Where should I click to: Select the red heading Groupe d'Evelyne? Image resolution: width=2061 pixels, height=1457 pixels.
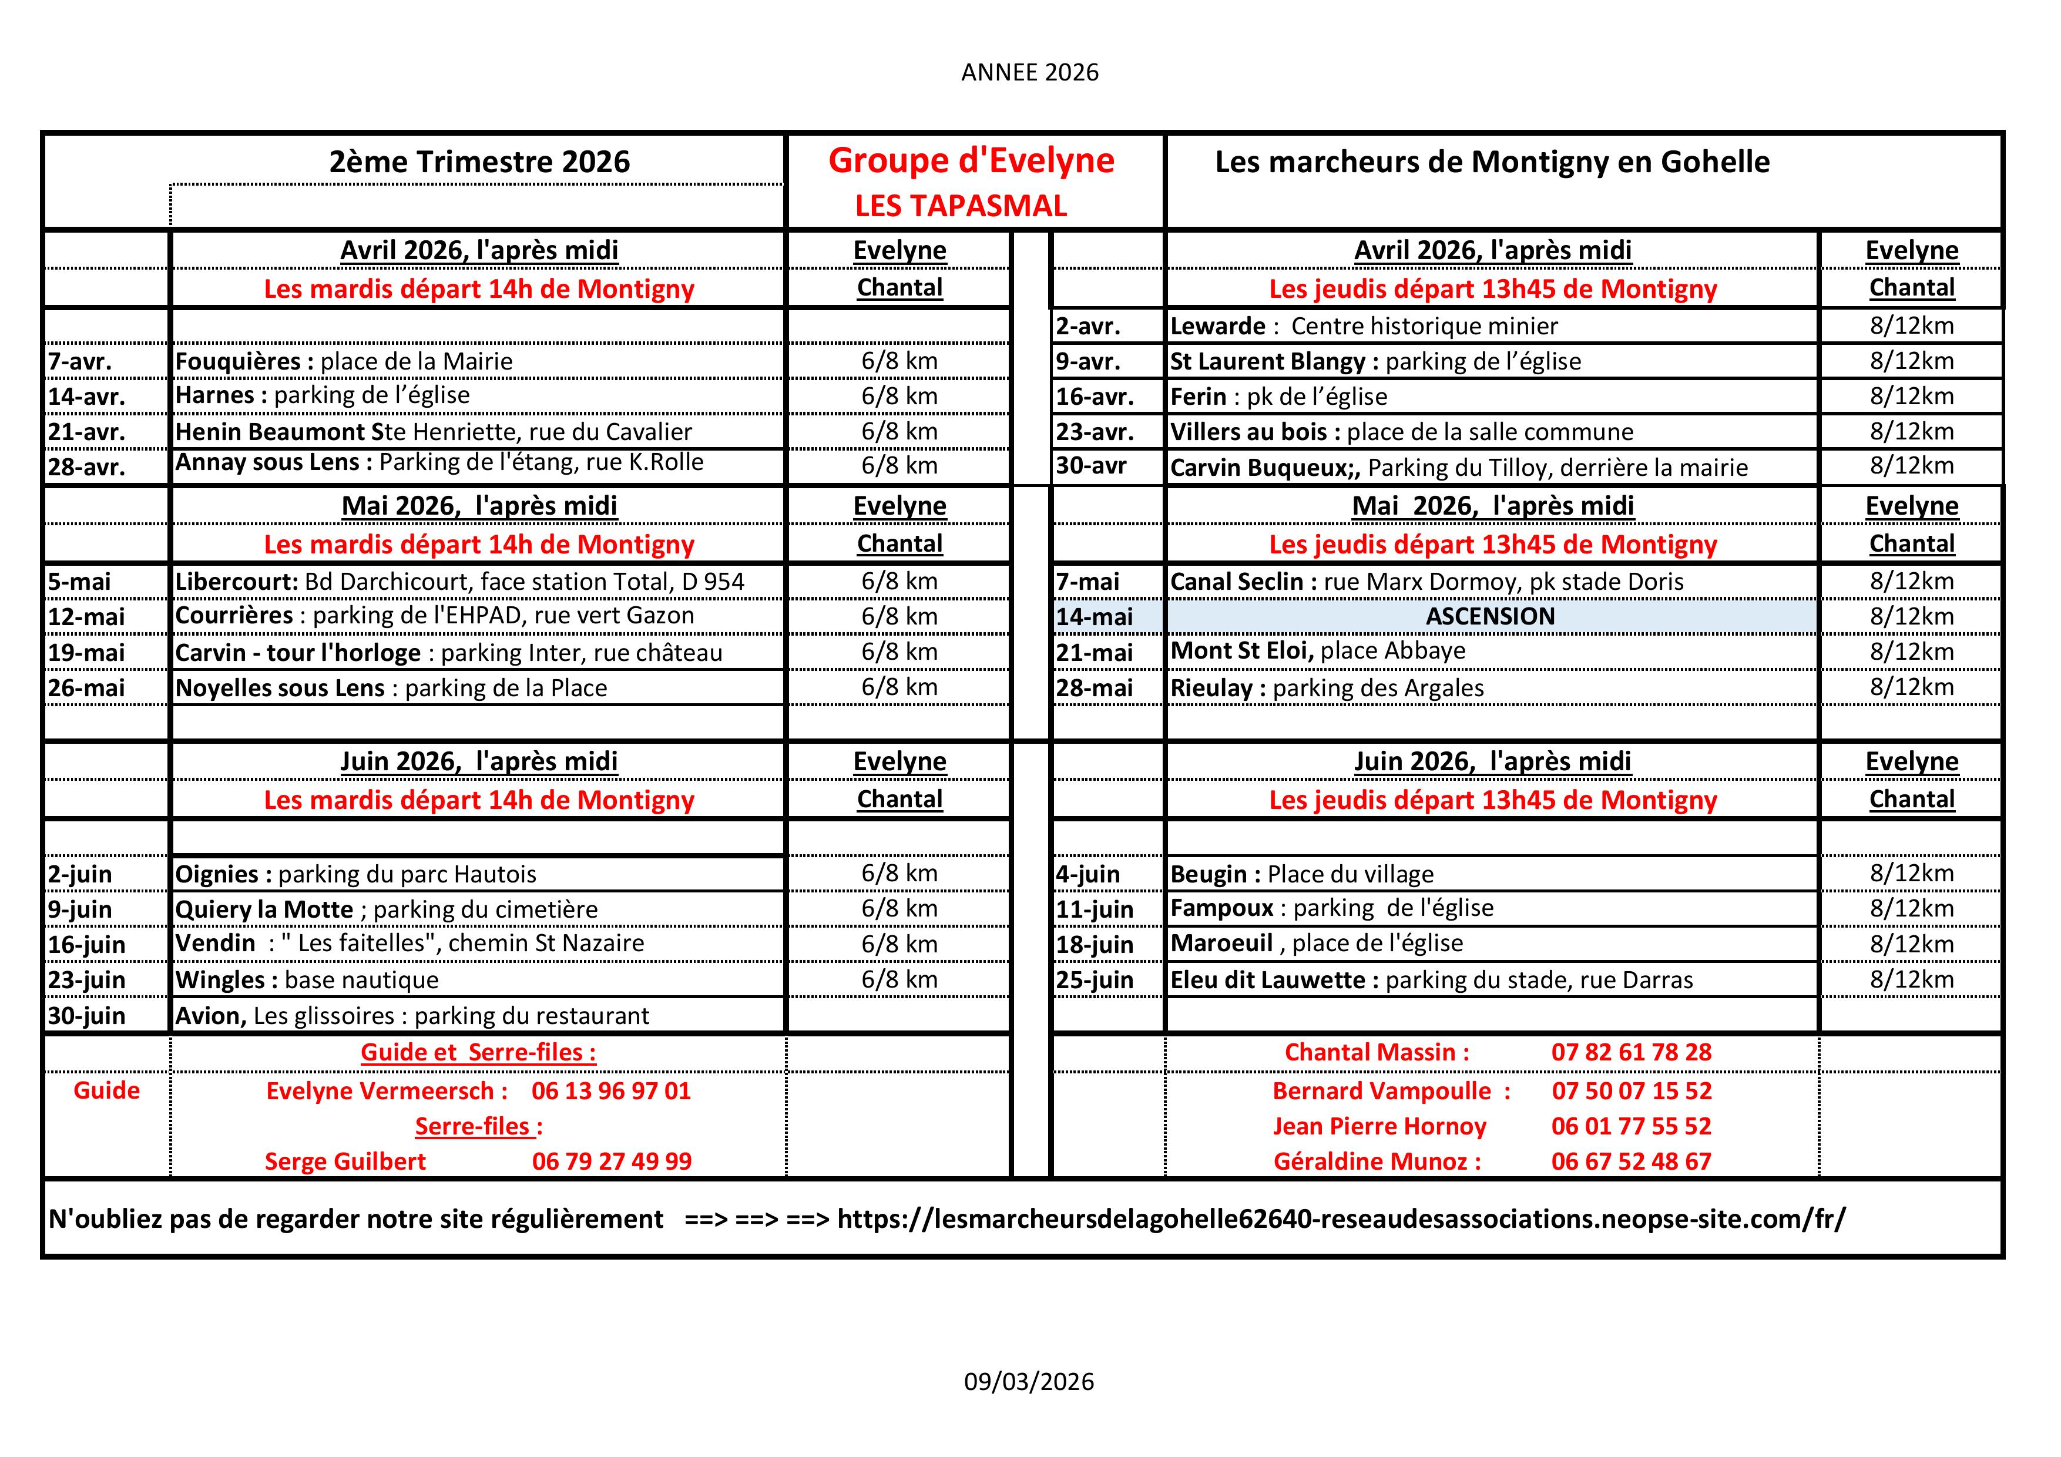(971, 161)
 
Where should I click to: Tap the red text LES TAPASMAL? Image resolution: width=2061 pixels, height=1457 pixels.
(961, 206)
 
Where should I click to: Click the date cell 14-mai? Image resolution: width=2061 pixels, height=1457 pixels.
(1094, 617)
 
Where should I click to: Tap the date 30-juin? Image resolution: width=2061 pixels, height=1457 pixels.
(86, 1015)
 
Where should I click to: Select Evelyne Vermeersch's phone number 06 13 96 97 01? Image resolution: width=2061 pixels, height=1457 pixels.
(611, 1092)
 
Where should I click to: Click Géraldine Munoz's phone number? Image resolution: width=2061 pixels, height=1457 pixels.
(1631, 1161)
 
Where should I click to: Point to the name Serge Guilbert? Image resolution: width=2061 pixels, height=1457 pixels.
(345, 1161)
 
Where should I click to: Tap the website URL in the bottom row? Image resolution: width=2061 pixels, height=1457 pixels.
(1341, 1219)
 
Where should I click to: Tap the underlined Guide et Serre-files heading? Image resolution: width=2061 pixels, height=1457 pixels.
(478, 1052)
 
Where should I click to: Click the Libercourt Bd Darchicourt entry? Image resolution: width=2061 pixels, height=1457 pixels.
(459, 582)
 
